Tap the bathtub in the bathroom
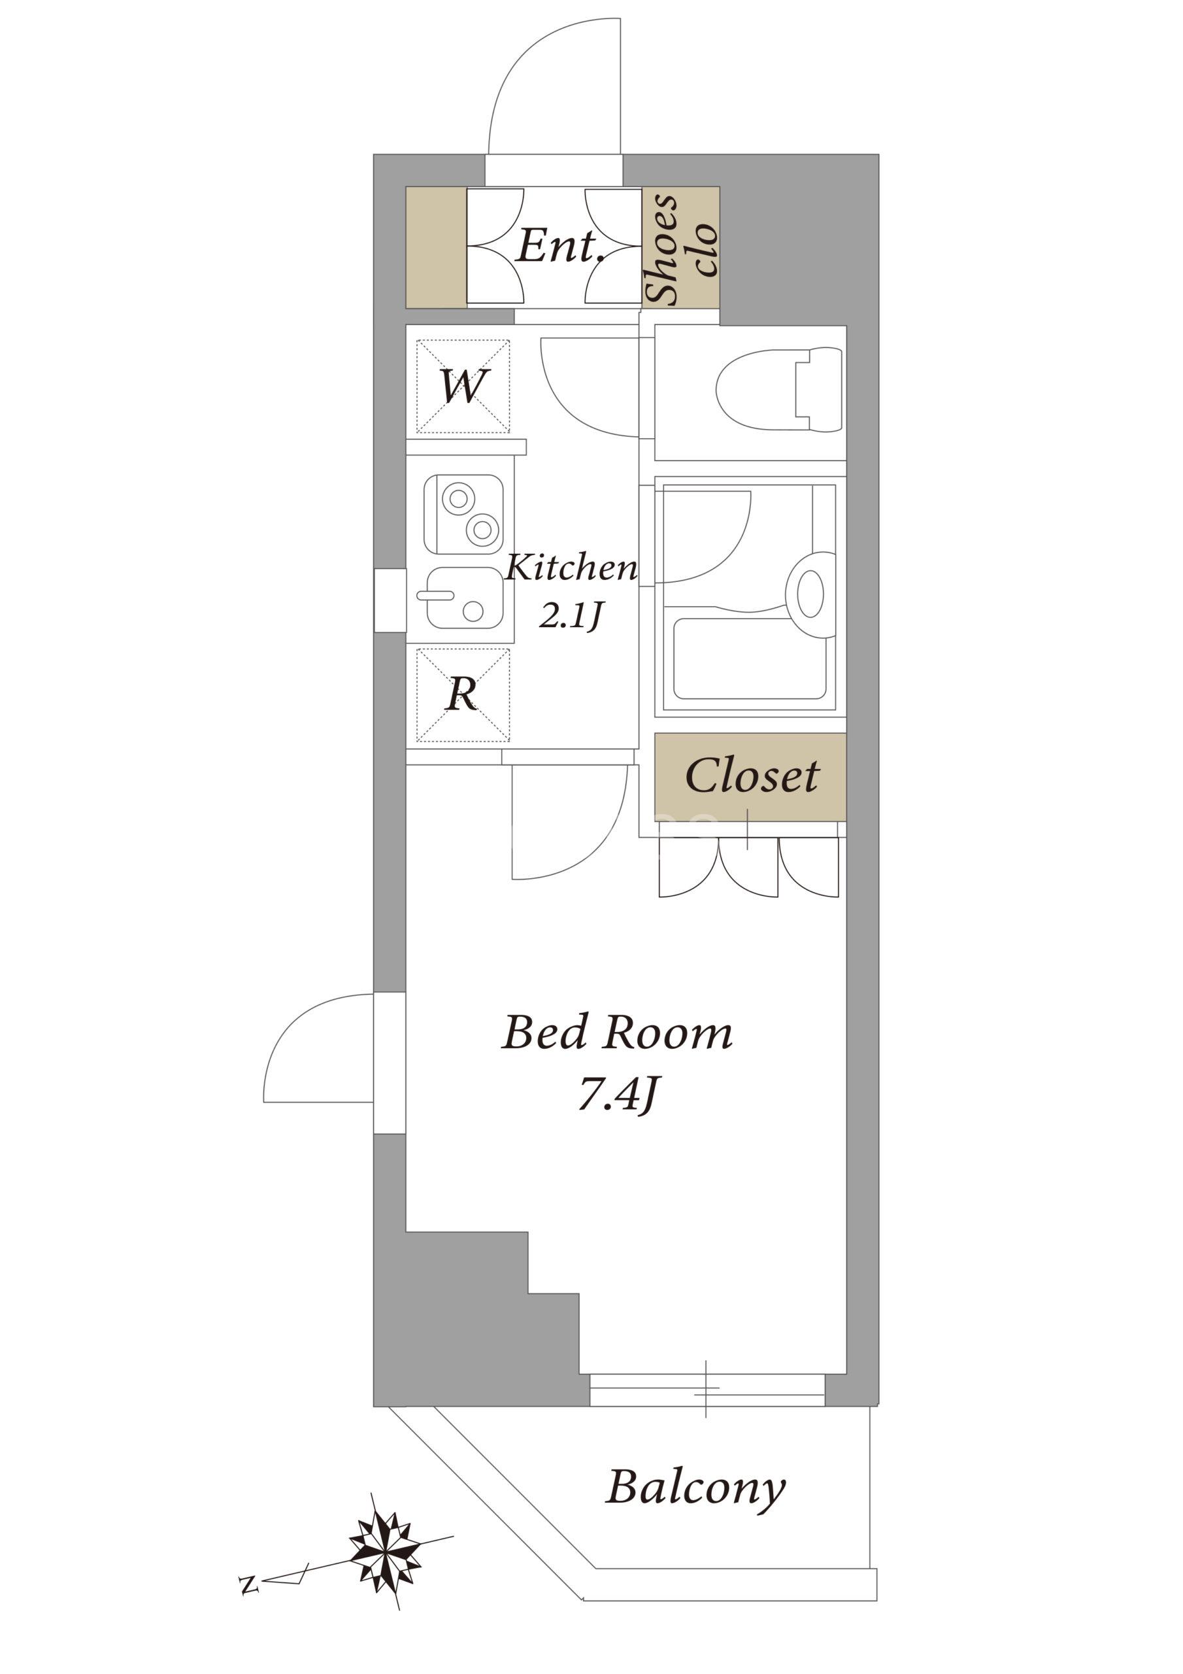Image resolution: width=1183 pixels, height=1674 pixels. tap(749, 658)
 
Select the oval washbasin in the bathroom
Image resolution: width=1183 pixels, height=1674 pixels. tap(810, 594)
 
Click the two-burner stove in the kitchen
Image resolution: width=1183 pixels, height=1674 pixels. tap(463, 513)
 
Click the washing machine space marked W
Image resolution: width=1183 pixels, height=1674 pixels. tap(462, 386)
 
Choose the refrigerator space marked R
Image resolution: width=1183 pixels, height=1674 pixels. tap(462, 695)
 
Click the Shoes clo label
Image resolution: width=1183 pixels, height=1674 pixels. tap(682, 248)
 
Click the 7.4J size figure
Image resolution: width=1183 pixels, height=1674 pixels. tap(618, 1095)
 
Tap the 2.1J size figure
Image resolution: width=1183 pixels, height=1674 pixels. tap(571, 616)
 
